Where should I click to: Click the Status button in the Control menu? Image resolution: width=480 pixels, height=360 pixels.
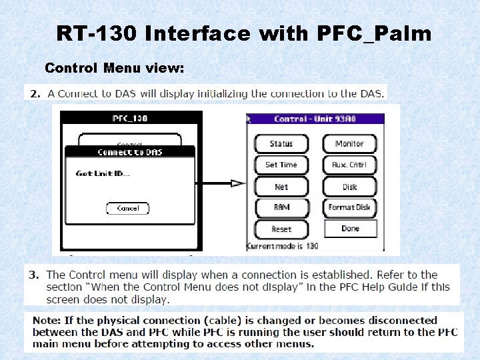(x=281, y=144)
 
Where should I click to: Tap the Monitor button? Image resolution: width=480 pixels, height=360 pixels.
(x=349, y=144)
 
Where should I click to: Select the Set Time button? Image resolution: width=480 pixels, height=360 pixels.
(x=281, y=165)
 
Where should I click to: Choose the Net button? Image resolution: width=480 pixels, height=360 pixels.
(x=281, y=187)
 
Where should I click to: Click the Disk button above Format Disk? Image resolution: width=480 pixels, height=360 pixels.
(x=349, y=187)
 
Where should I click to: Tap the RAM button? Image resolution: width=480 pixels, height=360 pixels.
(x=281, y=207)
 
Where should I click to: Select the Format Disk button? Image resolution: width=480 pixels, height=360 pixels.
(x=349, y=207)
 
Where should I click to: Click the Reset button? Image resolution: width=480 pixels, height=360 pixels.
(x=281, y=229)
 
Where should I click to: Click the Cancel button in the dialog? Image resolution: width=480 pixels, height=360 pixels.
(x=127, y=209)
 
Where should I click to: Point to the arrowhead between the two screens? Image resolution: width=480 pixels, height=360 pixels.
(x=238, y=183)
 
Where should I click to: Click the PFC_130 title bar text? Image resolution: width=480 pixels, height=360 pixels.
(x=131, y=119)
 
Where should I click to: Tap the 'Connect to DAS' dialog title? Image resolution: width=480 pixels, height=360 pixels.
(x=130, y=153)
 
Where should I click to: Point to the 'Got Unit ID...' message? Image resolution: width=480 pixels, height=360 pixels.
(x=103, y=174)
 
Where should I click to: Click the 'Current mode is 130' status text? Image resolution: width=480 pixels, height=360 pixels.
(x=283, y=246)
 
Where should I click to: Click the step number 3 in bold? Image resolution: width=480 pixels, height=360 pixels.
(x=33, y=275)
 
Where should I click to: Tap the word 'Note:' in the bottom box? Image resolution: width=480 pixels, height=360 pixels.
(x=46, y=321)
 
